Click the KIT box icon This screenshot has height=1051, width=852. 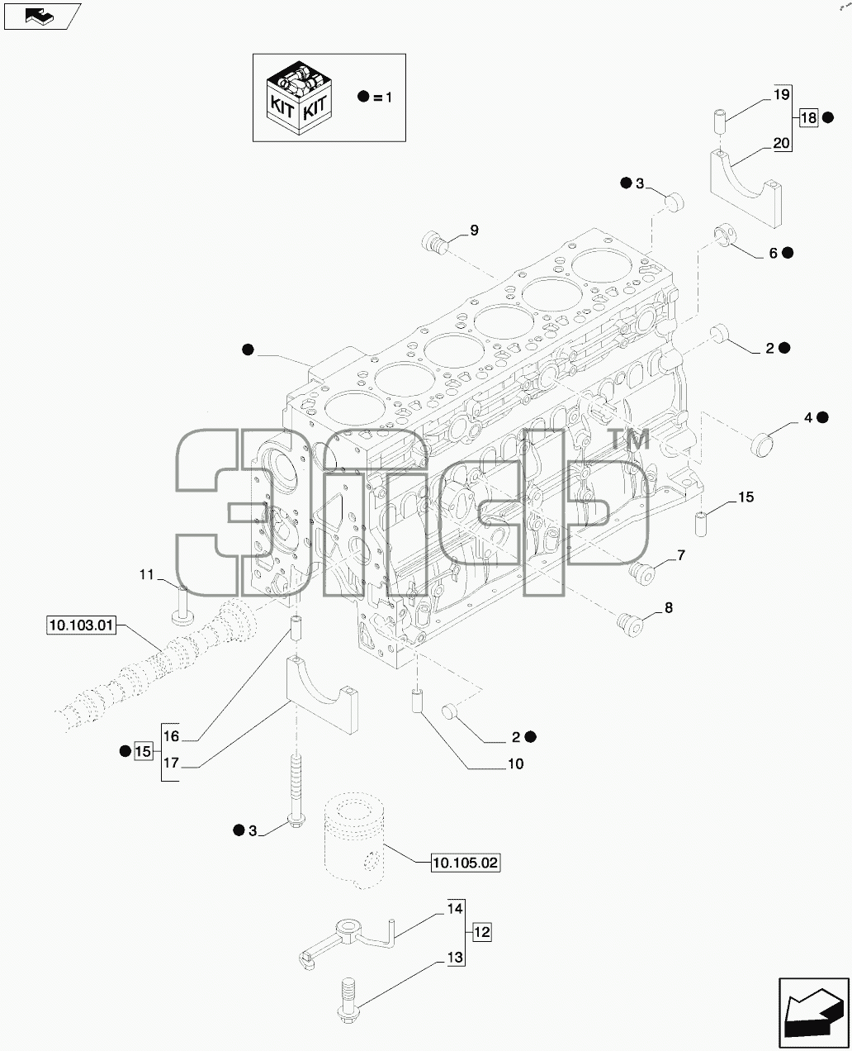coord(299,97)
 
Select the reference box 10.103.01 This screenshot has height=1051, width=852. coord(82,625)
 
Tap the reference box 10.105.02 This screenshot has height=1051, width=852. coord(466,863)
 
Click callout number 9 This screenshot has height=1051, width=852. coord(474,230)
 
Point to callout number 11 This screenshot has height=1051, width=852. coord(146,574)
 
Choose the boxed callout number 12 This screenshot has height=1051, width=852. coord(481,932)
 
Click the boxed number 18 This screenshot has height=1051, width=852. coord(808,118)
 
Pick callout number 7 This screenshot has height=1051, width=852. coord(681,555)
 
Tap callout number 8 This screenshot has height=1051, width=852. coord(669,607)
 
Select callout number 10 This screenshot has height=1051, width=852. coord(515,763)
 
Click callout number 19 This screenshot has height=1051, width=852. coord(782,94)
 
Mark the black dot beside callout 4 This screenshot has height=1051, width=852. coord(822,417)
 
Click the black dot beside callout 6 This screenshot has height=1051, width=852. coord(788,253)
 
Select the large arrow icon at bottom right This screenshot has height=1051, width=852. coord(814,1012)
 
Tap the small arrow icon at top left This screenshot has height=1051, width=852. coord(42,17)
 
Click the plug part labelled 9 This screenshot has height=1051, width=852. coord(434,242)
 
